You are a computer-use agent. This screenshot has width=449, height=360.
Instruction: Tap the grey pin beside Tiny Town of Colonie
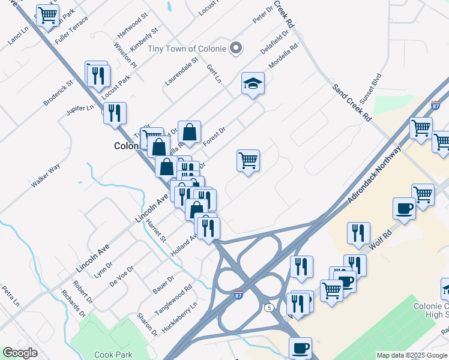coord(236,48)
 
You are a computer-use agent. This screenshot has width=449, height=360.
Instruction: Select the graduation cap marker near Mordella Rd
coord(253,83)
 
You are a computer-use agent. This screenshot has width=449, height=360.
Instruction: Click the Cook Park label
coord(113,355)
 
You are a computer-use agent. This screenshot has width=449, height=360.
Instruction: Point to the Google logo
coord(20,352)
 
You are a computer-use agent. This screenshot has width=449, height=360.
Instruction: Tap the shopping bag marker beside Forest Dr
coord(188,132)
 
